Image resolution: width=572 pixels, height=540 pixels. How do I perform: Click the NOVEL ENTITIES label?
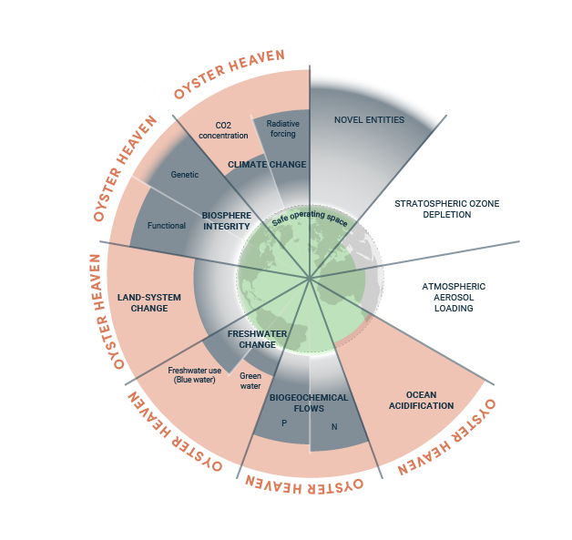(x=369, y=120)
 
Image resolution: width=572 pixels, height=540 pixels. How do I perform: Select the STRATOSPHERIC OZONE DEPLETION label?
(x=447, y=209)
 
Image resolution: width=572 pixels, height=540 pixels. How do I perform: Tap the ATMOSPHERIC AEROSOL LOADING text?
(x=454, y=297)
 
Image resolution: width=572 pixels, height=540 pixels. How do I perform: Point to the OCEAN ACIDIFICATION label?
(x=422, y=400)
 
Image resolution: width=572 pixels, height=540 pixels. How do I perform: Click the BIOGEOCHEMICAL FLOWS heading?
(x=309, y=402)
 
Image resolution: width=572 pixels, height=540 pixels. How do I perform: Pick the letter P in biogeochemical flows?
(x=284, y=423)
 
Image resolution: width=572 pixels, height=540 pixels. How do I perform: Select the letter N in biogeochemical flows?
(x=334, y=426)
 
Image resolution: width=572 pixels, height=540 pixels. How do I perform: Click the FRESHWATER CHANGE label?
(x=257, y=339)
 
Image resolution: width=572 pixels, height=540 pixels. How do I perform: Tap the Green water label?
(x=250, y=381)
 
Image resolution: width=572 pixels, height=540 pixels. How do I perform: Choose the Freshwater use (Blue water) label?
(x=194, y=375)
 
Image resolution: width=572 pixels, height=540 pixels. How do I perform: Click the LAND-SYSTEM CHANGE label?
(x=149, y=302)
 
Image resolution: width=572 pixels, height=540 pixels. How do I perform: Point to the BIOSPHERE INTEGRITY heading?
(x=227, y=221)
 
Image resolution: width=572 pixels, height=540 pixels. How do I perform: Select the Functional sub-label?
(x=167, y=226)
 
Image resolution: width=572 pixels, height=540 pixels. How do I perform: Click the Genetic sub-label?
(x=185, y=175)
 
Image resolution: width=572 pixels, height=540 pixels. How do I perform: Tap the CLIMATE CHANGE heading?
(x=267, y=165)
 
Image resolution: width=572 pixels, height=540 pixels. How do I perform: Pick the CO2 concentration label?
(x=223, y=130)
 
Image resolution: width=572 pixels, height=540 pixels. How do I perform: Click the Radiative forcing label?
(x=282, y=128)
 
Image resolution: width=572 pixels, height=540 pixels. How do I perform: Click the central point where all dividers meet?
(x=310, y=279)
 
